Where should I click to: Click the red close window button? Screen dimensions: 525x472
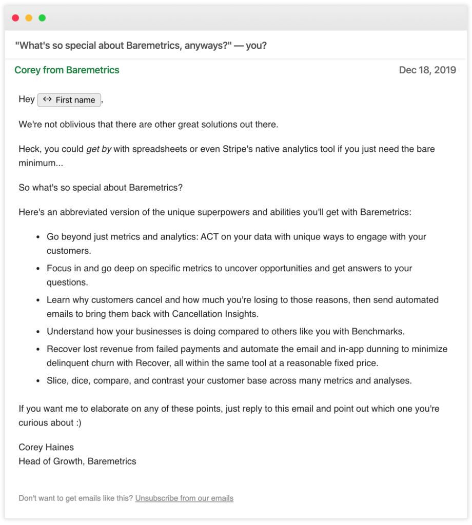click(x=15, y=18)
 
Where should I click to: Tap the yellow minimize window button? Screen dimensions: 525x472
click(x=29, y=18)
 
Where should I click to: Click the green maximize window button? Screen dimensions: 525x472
click(x=42, y=18)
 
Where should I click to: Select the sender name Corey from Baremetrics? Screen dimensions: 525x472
click(x=67, y=70)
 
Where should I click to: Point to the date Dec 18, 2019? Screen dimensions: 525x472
click(x=427, y=70)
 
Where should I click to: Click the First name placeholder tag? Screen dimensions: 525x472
click(x=69, y=100)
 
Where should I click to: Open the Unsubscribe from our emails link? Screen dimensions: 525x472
click(x=184, y=498)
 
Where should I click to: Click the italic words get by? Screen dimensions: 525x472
click(x=99, y=150)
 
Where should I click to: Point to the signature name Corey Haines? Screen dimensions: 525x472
click(x=46, y=448)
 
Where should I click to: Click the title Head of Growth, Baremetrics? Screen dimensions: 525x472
click(x=77, y=461)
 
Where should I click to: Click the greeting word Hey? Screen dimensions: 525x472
click(x=26, y=99)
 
